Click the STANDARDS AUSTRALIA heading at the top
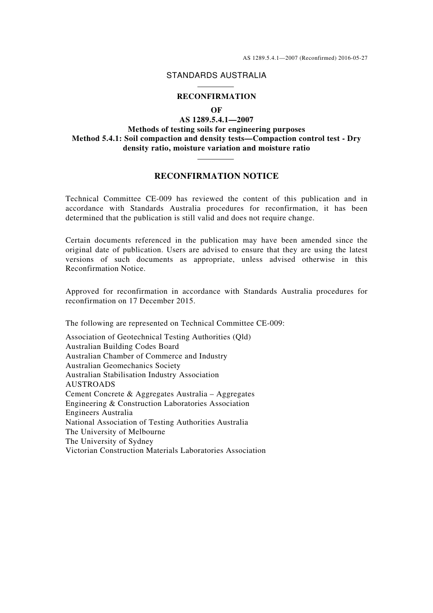pyautogui.click(x=216, y=76)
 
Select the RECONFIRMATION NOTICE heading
pyautogui.click(x=216, y=176)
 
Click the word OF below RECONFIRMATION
pyautogui.click(x=216, y=110)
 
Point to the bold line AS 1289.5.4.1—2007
pyautogui.click(x=216, y=120)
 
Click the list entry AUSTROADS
pyautogui.click(x=90, y=384)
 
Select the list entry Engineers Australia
pyautogui.click(x=99, y=413)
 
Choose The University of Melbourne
pyautogui.click(x=115, y=432)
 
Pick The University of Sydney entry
pyautogui.click(x=109, y=442)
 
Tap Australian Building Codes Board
pyautogui.click(x=122, y=347)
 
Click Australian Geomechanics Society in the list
pyautogui.click(x=123, y=366)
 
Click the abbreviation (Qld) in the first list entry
pyautogui.click(x=242, y=337)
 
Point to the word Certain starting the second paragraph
pyautogui.click(x=78, y=240)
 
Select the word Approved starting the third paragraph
pyautogui.click(x=82, y=291)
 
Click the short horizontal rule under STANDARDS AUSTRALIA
pyautogui.click(x=216, y=87)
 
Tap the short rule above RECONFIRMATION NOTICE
pyautogui.click(x=216, y=159)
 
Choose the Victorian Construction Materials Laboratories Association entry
pyautogui.click(x=165, y=451)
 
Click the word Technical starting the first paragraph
pyautogui.click(x=82, y=199)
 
